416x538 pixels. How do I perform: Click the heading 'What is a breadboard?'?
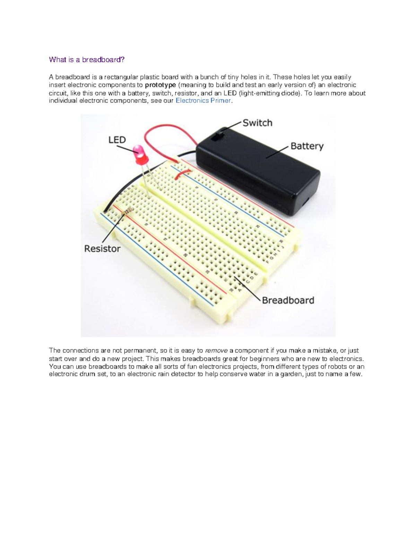87,60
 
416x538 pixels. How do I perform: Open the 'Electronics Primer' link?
203,101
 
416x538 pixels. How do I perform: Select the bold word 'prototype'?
161,85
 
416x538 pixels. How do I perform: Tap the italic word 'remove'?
216,351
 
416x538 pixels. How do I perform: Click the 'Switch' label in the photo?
257,123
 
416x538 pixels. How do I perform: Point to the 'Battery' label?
307,146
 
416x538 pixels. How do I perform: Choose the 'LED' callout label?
117,140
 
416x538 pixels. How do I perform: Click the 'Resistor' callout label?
102,249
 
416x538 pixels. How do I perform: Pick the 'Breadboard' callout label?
288,300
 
